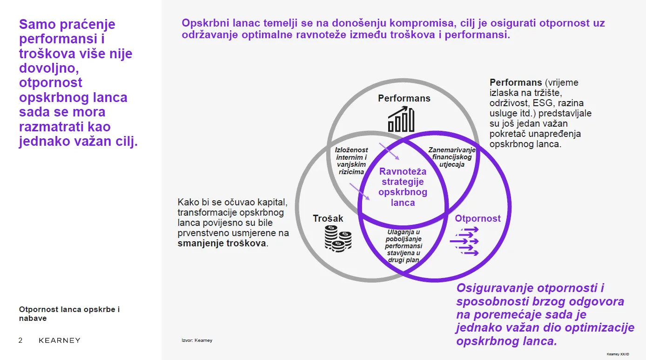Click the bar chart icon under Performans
point(401,119)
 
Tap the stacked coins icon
point(338,238)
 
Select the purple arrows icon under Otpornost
point(464,241)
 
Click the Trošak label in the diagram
point(328,218)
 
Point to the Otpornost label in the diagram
point(478,218)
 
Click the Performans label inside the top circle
point(404,98)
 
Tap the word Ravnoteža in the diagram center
point(403,171)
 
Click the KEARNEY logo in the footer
point(60,340)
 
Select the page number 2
point(20,340)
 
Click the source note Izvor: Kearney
point(197,340)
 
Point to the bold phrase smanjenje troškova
point(222,243)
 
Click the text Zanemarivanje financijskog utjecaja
point(452,157)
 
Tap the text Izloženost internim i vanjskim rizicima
point(351,161)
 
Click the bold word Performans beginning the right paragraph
point(516,82)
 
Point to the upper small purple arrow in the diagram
point(389,151)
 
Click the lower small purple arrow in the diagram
point(359,191)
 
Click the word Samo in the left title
point(37,24)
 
